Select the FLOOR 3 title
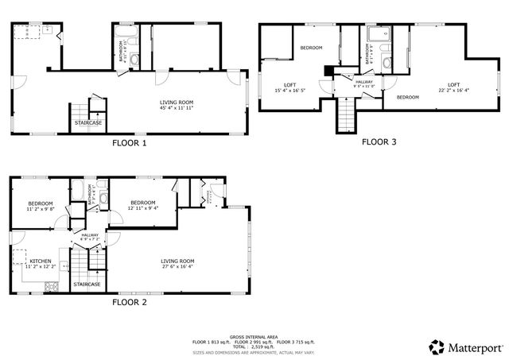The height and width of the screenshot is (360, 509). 380,142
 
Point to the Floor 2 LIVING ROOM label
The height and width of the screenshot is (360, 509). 177,264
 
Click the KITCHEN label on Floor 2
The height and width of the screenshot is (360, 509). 40,264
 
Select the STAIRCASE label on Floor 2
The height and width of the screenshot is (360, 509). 87,284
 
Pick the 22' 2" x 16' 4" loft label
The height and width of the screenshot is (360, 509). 453,87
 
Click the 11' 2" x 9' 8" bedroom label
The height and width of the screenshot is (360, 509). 41,206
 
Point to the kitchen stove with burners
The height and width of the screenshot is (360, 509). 51,287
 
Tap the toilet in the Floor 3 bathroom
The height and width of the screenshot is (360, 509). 386,62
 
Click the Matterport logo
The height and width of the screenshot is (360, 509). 465,347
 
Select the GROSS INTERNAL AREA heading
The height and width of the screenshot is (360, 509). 254,337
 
